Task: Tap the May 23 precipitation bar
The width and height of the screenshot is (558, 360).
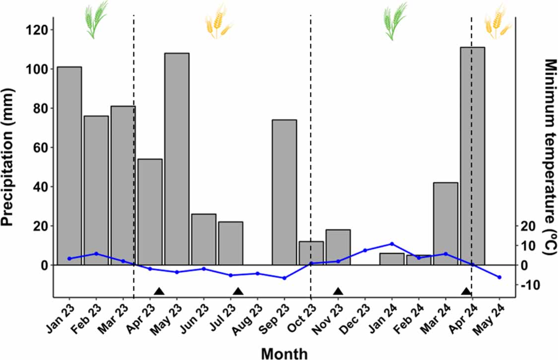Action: [x=177, y=159]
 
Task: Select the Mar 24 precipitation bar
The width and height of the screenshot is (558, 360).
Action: [x=445, y=223]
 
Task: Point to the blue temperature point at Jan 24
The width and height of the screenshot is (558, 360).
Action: [x=392, y=244]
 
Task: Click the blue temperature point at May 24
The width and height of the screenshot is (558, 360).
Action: [x=499, y=277]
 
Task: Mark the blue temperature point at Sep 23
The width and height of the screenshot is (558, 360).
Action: [x=284, y=278]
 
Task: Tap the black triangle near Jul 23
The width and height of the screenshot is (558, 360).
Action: [x=238, y=291]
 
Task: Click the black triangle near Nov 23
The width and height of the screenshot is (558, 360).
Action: [x=338, y=291]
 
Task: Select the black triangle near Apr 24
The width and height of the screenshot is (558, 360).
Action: [x=466, y=291]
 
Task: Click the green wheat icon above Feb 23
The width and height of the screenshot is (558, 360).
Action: [x=96, y=20]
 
